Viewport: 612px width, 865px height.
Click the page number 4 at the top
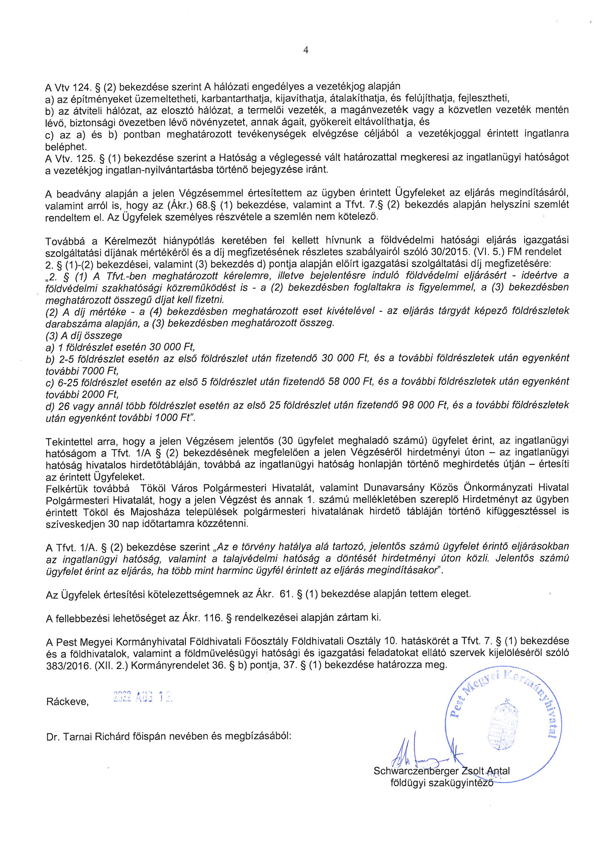pyautogui.click(x=306, y=50)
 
